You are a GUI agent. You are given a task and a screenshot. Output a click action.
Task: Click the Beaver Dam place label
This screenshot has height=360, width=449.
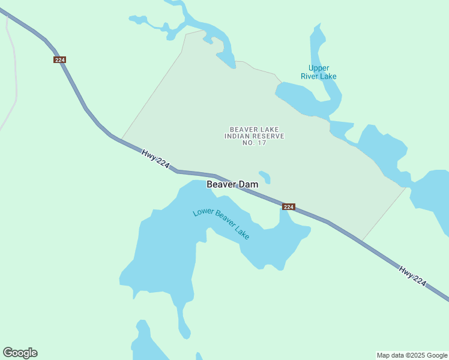232,184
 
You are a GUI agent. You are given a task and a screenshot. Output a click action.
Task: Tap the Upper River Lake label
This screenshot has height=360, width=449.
318,72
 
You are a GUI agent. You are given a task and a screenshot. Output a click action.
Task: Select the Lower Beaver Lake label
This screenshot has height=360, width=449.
221,223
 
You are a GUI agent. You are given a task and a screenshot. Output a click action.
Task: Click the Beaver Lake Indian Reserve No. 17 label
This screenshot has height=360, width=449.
254,136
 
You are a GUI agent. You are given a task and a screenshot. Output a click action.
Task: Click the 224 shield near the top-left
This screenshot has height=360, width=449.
59,60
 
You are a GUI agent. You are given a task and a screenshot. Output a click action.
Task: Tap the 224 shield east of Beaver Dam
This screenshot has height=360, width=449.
289,207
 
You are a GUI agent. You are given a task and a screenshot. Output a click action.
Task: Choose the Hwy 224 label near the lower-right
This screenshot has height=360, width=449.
412,277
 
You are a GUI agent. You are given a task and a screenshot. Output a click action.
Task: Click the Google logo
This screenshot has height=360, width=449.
20,353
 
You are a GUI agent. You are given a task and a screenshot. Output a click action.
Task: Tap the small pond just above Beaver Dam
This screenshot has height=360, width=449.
265,177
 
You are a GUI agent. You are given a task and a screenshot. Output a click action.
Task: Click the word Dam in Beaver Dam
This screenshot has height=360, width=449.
249,184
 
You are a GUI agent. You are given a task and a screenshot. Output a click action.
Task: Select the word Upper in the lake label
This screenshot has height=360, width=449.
319,68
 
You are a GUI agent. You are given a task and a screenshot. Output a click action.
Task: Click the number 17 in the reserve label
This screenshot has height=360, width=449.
262,143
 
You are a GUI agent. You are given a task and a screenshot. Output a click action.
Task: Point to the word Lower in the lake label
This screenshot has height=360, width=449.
203,213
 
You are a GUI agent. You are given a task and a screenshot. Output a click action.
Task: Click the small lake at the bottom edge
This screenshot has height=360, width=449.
144,345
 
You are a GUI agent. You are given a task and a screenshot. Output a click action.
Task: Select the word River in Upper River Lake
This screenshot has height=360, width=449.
312,76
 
